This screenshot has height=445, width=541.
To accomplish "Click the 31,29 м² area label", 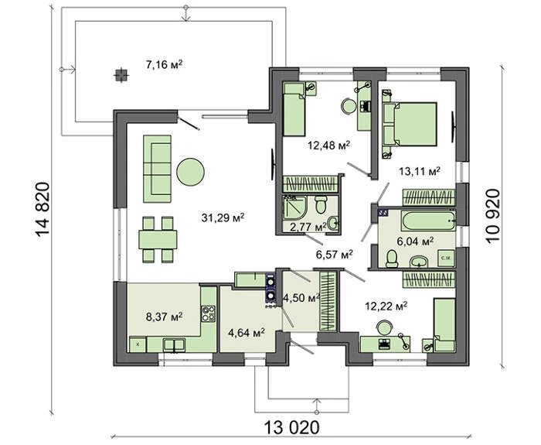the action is pyautogui.click(x=223, y=217).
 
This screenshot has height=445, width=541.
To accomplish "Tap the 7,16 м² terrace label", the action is pyautogui.click(x=164, y=64).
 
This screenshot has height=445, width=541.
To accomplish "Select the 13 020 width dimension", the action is pyautogui.click(x=292, y=427).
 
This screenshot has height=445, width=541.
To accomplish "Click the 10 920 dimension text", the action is pyautogui.click(x=493, y=216).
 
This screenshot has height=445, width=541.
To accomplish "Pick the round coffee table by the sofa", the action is pyautogui.click(x=190, y=172).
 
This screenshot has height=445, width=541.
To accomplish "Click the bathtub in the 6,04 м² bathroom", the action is pyautogui.click(x=428, y=221).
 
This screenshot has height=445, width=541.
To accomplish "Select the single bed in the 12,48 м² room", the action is pyautogui.click(x=294, y=109).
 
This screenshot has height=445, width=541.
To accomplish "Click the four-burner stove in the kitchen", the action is pyautogui.click(x=209, y=313).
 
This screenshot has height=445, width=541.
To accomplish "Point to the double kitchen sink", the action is pyautogui.click(x=174, y=345).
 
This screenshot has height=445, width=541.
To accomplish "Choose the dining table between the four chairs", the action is pyautogui.click(x=158, y=239).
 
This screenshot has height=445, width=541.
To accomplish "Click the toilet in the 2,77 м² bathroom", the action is pyautogui.click(x=321, y=204).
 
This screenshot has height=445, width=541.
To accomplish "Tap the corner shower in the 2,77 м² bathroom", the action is pyautogui.click(x=294, y=207).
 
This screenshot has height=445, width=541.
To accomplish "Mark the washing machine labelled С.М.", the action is pyautogui.click(x=447, y=258).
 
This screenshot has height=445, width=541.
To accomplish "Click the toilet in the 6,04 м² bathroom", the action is pyautogui.click(x=392, y=258).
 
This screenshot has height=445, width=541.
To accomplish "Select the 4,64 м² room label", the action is pyautogui.click(x=247, y=333).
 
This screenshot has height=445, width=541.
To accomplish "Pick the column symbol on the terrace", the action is pyautogui.click(x=121, y=74).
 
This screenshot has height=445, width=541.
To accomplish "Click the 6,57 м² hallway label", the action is pyautogui.click(x=335, y=255).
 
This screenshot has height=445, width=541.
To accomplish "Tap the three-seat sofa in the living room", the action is pyautogui.click(x=158, y=169).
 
